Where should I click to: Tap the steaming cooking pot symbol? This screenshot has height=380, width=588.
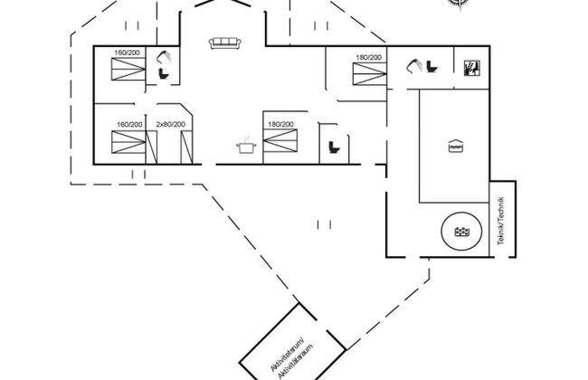[x=243, y=145]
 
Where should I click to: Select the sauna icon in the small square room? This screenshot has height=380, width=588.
[x=470, y=69]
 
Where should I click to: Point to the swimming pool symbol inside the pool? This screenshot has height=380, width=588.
[x=454, y=146]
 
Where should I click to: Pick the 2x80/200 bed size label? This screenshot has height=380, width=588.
[x=170, y=124]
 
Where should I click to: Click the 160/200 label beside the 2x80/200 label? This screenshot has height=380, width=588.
[x=130, y=124]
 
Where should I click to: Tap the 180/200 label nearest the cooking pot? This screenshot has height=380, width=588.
[x=280, y=124]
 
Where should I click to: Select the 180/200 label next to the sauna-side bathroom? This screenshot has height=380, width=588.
[x=368, y=58]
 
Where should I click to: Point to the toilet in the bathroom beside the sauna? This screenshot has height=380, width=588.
[x=432, y=70]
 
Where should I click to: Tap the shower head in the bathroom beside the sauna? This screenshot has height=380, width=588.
[x=416, y=65]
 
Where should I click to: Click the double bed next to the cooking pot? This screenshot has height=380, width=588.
[x=280, y=143]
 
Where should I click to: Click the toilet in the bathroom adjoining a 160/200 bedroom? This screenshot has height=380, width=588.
[x=165, y=75]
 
